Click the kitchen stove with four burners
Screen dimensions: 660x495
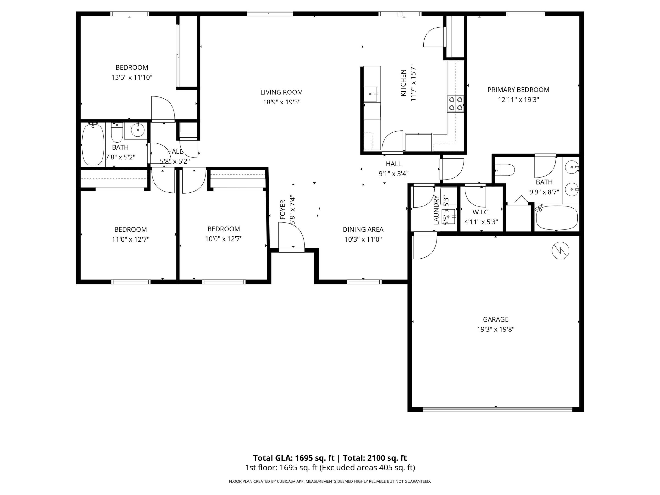coord(456,104)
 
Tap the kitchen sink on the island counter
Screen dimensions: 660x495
coord(370,94)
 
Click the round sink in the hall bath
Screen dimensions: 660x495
coord(137,130)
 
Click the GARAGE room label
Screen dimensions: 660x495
coord(496,319)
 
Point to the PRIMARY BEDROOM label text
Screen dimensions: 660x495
coord(518,90)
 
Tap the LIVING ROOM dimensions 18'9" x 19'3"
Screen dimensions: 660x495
coord(281,102)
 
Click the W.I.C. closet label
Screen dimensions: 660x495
coord(481,212)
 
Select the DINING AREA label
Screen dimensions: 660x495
coord(363,229)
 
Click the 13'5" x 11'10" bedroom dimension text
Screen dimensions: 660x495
coord(132,77)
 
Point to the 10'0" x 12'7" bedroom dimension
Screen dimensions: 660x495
coord(223,239)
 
